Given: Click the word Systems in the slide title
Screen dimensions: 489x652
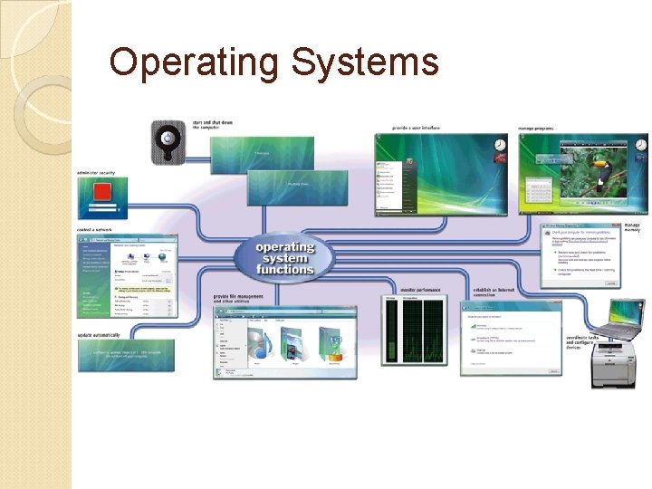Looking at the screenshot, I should point(365,63).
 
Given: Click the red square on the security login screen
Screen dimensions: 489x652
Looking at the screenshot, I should point(102,193).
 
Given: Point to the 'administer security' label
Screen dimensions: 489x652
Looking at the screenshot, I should point(96,171).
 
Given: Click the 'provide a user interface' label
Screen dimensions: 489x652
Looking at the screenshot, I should point(416,128).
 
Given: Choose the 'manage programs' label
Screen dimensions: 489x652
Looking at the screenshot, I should point(537,128).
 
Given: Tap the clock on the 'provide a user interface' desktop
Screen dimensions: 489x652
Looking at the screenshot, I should point(501,145).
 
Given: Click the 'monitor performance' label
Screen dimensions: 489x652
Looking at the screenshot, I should point(420,291).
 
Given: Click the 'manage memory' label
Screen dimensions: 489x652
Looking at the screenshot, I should point(631,227).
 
